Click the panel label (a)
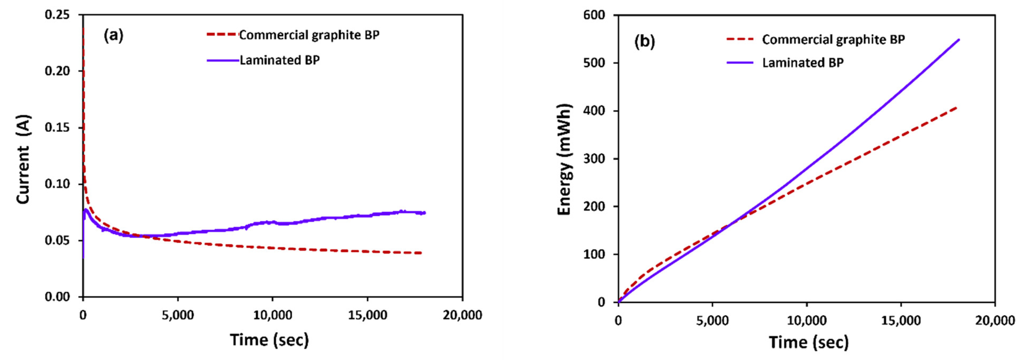(x=114, y=36)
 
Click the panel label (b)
(x=644, y=42)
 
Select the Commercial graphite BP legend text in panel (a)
(x=309, y=35)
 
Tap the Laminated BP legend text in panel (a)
(x=279, y=60)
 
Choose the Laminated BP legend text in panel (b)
(x=803, y=63)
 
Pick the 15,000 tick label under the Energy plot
(x=901, y=320)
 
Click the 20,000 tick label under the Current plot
(x=462, y=315)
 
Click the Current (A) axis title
(x=23, y=160)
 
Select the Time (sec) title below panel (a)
(x=269, y=340)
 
